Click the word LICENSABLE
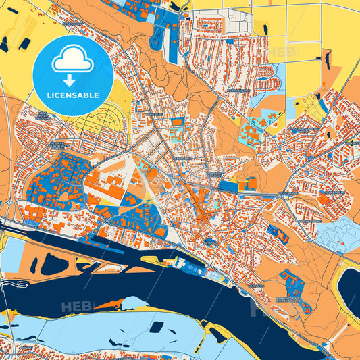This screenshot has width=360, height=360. (73, 95)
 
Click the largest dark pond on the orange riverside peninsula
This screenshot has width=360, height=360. (53, 264)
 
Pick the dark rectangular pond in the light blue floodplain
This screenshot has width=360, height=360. (156, 327)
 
